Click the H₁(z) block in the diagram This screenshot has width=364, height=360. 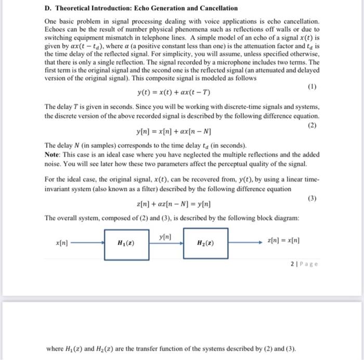click(127, 243)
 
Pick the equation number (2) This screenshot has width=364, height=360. click(312, 125)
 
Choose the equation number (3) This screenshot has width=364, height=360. click(312, 198)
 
